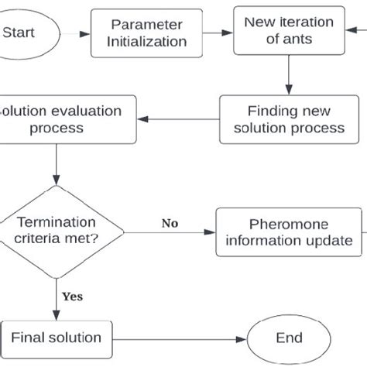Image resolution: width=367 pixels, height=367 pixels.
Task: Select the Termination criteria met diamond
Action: point(56,232)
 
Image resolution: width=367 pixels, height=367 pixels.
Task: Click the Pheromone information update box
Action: point(290,232)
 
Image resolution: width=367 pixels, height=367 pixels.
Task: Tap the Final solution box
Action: point(56,338)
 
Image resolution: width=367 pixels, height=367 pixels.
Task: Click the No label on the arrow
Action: point(170,224)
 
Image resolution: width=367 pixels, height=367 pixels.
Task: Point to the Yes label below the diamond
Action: point(71,296)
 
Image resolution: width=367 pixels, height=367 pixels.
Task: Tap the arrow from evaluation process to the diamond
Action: point(56,164)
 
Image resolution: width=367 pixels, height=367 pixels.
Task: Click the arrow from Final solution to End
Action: point(178,338)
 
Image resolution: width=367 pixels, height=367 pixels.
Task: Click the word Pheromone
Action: point(283,224)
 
